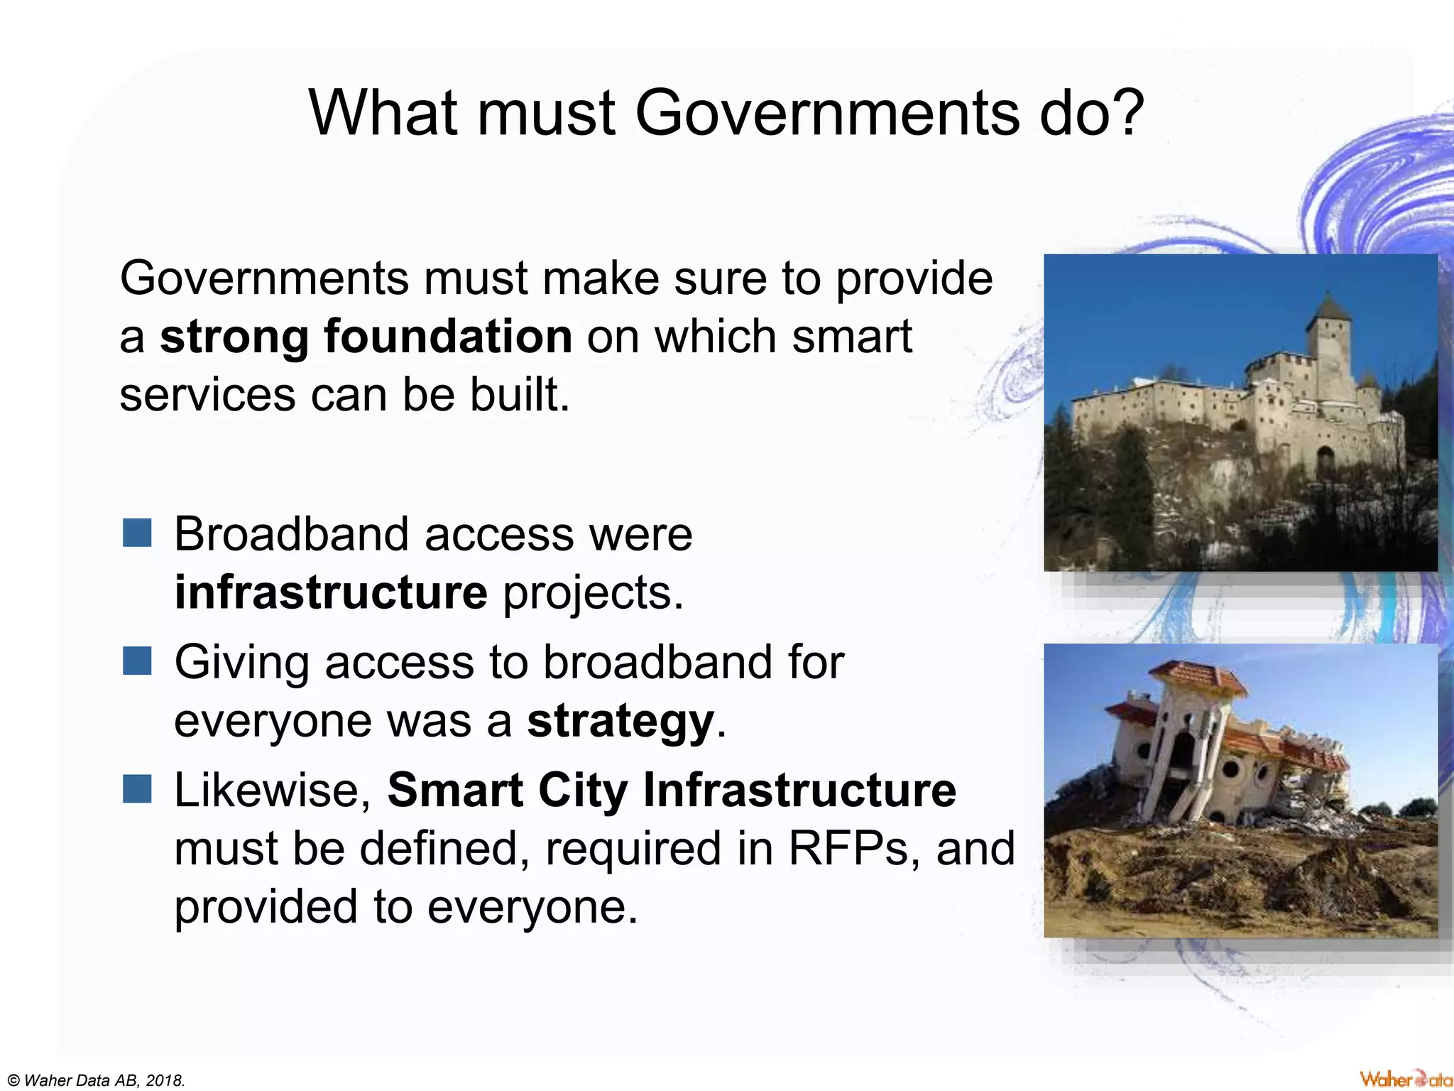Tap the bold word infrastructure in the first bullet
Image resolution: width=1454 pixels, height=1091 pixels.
click(x=331, y=592)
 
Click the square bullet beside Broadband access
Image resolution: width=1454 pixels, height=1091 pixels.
click(x=137, y=533)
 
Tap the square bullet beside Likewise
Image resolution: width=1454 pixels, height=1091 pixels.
click(x=137, y=788)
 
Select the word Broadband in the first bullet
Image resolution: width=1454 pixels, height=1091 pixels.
click(x=291, y=533)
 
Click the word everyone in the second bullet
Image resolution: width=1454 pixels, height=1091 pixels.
click(x=273, y=721)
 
